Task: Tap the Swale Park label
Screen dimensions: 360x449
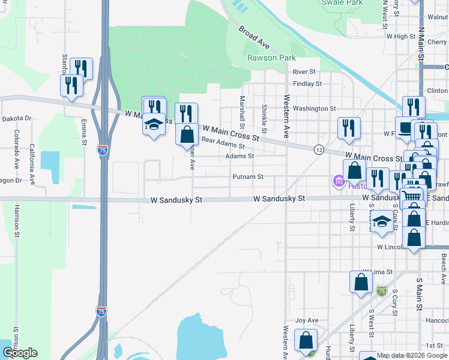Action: (342, 3)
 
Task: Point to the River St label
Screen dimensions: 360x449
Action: (304, 72)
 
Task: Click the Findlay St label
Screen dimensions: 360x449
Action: (307, 84)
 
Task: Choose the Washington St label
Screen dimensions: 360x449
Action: (315, 109)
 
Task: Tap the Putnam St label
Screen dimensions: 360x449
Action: (249, 177)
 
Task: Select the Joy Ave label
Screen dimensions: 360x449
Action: (306, 320)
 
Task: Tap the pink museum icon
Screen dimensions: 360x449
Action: (338, 180)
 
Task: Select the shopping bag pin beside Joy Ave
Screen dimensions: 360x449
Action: (306, 340)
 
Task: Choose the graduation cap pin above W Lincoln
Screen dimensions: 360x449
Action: (382, 222)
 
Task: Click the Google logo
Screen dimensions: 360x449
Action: (20, 353)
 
